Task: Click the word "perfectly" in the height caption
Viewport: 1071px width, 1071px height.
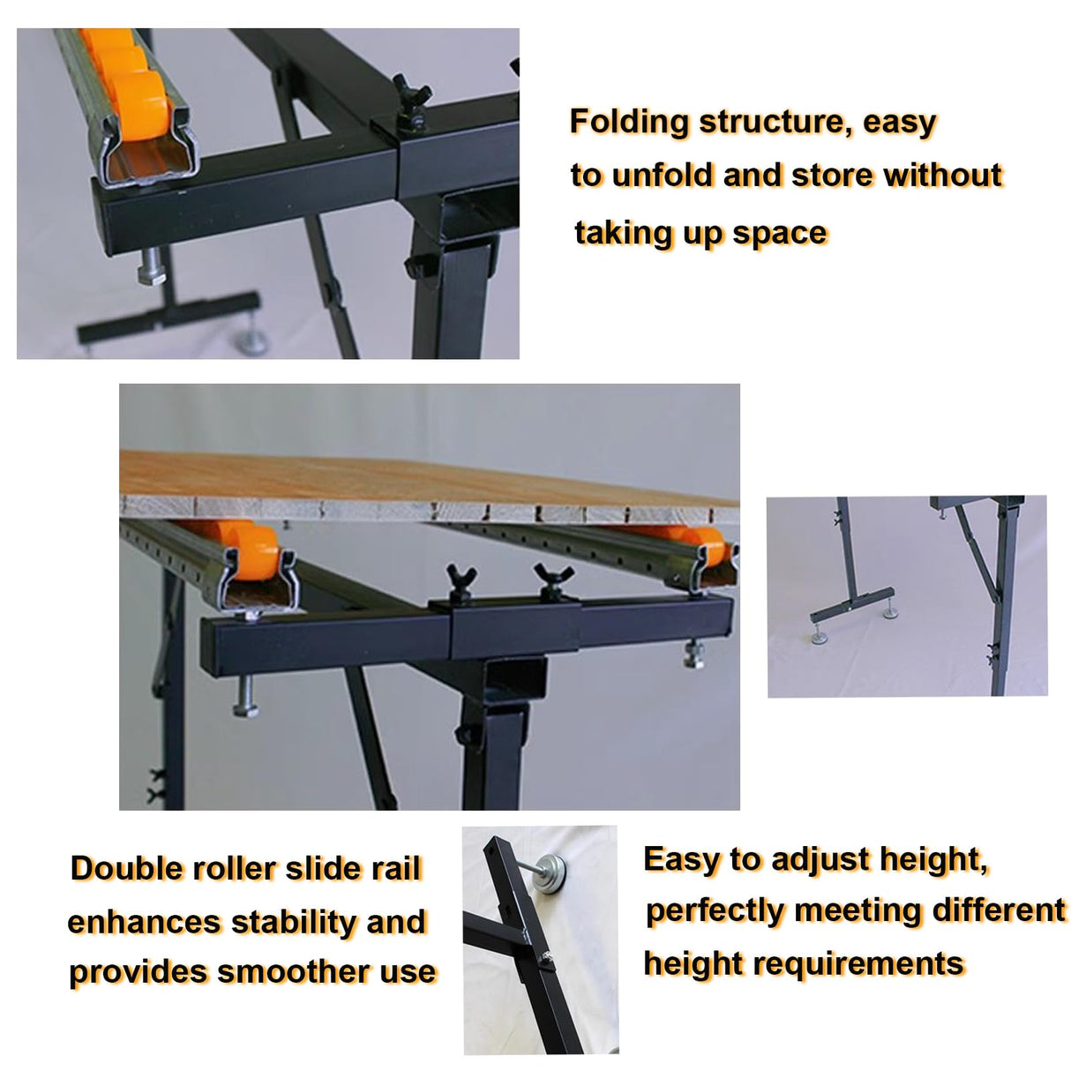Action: (x=715, y=911)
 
